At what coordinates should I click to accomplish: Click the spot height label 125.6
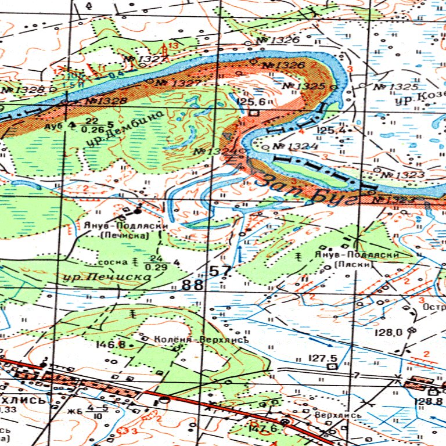point(251,102)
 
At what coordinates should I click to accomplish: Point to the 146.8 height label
point(110,344)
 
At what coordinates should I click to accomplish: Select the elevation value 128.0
point(389,332)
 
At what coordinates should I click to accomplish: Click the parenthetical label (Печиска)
point(125,236)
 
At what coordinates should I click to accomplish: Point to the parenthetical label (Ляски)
point(355,265)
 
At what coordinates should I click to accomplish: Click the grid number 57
point(221,271)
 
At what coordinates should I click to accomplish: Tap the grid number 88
point(193,285)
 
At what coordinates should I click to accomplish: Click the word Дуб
point(52,125)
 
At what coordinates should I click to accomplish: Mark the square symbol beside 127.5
point(332,367)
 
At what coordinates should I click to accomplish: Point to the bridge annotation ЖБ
point(74,412)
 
